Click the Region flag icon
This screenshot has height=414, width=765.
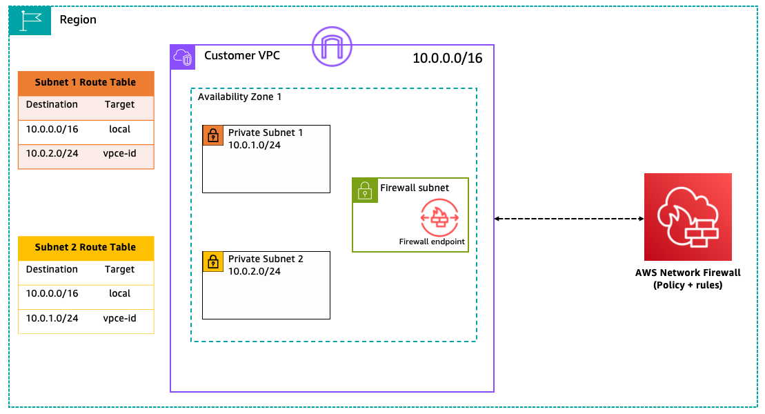30,21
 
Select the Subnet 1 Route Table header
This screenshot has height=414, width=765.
86,82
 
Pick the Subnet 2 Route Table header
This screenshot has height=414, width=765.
86,247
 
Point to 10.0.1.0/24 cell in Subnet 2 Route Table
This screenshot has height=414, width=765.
52,318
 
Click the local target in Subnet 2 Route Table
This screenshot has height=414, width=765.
119,293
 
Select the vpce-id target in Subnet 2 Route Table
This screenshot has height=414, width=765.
119,318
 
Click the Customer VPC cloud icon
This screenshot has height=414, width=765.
183,57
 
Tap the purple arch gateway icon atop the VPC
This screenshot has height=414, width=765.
332,46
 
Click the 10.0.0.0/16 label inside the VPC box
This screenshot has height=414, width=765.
447,59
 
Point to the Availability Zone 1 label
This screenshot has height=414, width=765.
239,97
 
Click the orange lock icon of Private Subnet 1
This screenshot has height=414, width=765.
213,135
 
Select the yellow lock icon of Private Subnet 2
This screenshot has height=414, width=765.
213,262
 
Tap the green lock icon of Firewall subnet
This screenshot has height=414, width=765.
365,190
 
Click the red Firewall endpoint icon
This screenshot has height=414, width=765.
439,217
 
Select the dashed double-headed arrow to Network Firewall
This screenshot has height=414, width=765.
569,219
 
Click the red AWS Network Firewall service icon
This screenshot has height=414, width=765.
687,217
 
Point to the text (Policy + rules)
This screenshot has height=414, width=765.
687,285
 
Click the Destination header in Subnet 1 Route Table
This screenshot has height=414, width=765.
52,105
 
